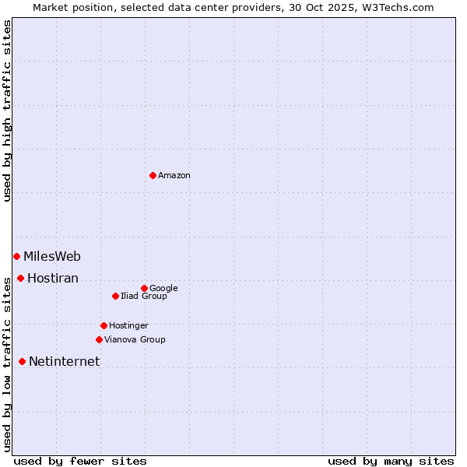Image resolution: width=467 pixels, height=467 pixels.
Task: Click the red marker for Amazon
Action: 153,175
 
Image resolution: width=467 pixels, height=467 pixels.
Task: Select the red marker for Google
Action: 144,288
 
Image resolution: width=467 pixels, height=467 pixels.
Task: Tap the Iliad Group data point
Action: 115,296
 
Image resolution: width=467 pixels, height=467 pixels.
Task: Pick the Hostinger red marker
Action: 104,325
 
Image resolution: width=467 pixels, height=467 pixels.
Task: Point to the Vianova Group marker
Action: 99,339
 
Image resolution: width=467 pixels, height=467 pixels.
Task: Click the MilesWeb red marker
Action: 16,256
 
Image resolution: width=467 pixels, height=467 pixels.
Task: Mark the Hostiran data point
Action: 20,278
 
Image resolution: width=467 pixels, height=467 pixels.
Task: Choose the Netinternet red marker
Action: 22,361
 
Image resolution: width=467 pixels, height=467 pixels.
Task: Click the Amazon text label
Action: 174,176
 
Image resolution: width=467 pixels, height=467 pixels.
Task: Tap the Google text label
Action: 163,289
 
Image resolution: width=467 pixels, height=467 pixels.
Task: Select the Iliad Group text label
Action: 144,297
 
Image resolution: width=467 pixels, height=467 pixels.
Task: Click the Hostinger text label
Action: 128,326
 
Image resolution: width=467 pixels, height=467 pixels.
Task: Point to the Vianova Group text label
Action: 135,340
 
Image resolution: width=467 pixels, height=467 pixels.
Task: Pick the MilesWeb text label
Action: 52,257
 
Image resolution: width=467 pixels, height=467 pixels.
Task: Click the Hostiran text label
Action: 53,279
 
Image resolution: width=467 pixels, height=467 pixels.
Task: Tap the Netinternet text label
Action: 65,362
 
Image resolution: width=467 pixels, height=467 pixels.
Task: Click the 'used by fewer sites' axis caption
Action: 80,461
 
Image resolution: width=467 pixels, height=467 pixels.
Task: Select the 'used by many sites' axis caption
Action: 391,461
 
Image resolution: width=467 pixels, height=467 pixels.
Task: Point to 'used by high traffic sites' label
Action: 7,111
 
